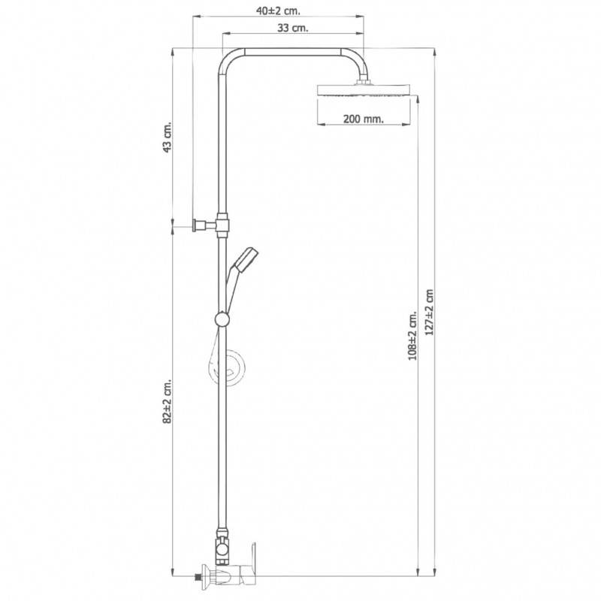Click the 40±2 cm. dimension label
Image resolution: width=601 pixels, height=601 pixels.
tap(278, 11)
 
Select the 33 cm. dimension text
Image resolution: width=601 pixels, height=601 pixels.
tap(292, 28)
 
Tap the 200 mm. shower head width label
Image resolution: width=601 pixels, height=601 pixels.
tap(364, 119)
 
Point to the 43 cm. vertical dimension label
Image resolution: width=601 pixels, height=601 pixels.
tap(168, 137)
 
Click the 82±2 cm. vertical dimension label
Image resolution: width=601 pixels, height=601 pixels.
tap(168, 401)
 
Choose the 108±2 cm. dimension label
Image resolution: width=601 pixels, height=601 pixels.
tap(412, 335)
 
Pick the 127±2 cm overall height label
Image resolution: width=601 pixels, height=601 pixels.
tap(429, 313)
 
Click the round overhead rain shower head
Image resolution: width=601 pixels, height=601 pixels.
tap(364, 90)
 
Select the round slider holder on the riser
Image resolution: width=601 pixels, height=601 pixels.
tap(222, 319)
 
